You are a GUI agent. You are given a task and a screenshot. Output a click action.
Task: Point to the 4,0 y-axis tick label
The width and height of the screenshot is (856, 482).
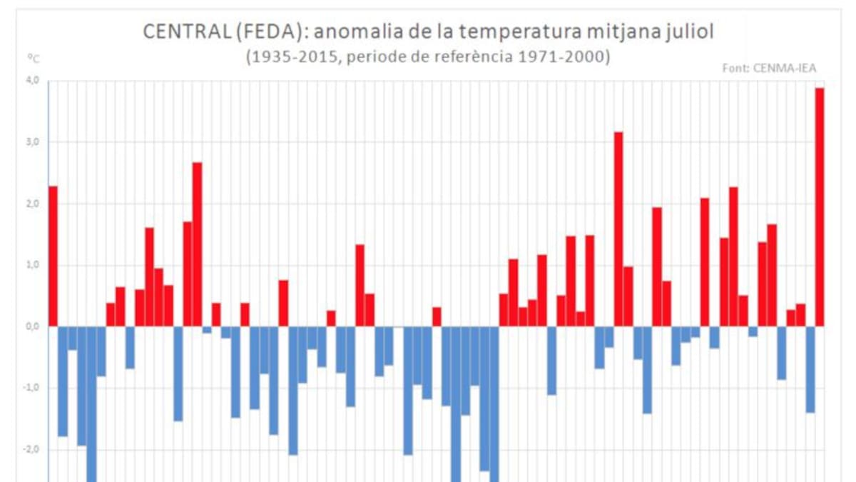pyautogui.click(x=34, y=81)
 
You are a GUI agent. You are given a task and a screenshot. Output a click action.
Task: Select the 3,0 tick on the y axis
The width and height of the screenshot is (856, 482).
pyautogui.click(x=34, y=142)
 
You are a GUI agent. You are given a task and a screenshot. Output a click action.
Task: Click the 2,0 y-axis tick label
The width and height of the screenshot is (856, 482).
pyautogui.click(x=34, y=204)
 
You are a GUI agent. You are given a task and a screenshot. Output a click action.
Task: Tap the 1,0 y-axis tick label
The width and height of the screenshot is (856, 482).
pyautogui.click(x=34, y=265)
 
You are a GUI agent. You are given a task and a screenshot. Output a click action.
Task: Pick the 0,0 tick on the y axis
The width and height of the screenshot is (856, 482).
pyautogui.click(x=34, y=326)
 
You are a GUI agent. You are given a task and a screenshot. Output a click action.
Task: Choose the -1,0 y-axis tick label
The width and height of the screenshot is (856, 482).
pyautogui.click(x=32, y=388)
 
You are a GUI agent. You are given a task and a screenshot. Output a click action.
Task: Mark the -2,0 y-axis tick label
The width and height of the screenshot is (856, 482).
pyautogui.click(x=32, y=449)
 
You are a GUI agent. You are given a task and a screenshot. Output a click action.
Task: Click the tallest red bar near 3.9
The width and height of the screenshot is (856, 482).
pyautogui.click(x=820, y=207)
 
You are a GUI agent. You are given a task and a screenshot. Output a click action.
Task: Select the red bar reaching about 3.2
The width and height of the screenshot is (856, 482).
pyautogui.click(x=618, y=229)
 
